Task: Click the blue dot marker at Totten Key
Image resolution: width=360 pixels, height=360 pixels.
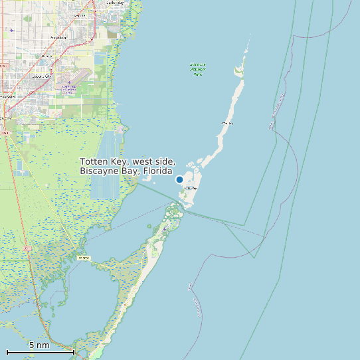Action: coord(179,179)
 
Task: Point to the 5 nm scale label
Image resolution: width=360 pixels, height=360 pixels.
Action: coord(39,345)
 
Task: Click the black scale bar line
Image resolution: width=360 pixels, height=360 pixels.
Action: coord(40,351)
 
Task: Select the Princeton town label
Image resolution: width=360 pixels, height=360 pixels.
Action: coord(58,38)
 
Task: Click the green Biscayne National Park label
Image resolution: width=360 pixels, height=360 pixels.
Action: coord(197,69)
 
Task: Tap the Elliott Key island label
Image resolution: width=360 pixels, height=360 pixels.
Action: coord(227,123)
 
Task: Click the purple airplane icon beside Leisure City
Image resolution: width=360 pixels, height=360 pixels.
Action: coord(69,82)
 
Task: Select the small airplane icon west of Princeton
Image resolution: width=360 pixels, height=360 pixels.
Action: coord(12,30)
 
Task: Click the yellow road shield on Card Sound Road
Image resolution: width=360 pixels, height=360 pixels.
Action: coord(84,257)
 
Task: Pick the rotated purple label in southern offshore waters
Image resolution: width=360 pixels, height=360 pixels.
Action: coord(195,296)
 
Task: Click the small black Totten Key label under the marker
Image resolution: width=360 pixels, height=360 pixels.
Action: coord(190,189)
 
